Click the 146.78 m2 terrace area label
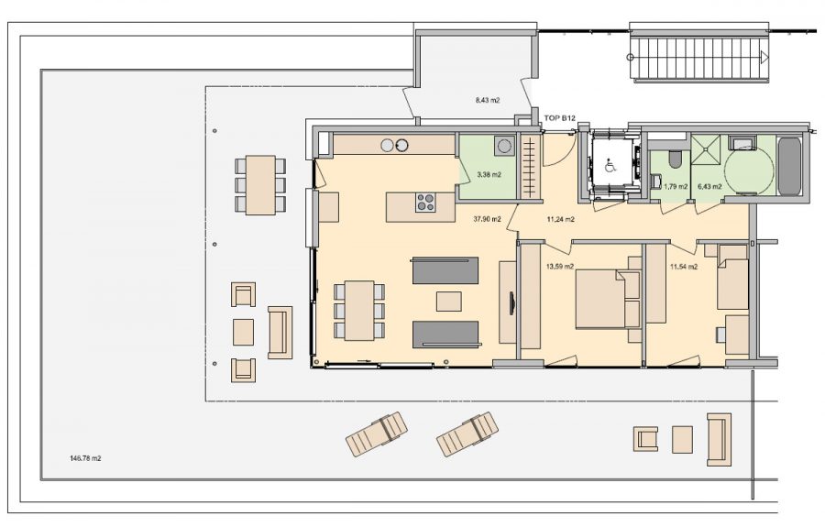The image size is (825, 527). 85,458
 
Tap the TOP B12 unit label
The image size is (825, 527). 559,118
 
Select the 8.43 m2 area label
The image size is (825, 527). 488,100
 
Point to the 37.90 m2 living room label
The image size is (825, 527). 488,219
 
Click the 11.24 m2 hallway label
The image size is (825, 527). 560,219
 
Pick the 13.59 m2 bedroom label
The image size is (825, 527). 560,267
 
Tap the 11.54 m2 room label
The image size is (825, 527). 684,267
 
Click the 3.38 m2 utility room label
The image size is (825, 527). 489,175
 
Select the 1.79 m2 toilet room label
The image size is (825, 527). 676,186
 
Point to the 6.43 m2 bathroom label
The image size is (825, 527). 709,186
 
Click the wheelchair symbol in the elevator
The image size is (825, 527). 610,167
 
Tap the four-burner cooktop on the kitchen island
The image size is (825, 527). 425,203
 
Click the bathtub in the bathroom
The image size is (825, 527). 789,166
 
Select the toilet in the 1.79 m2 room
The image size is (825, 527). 675,159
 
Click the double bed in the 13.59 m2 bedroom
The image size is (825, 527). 608,299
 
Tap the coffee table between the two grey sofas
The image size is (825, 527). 449,302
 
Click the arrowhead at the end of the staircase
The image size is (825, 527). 764,58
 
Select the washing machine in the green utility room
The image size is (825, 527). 504,145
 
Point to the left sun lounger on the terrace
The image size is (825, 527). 377,434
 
